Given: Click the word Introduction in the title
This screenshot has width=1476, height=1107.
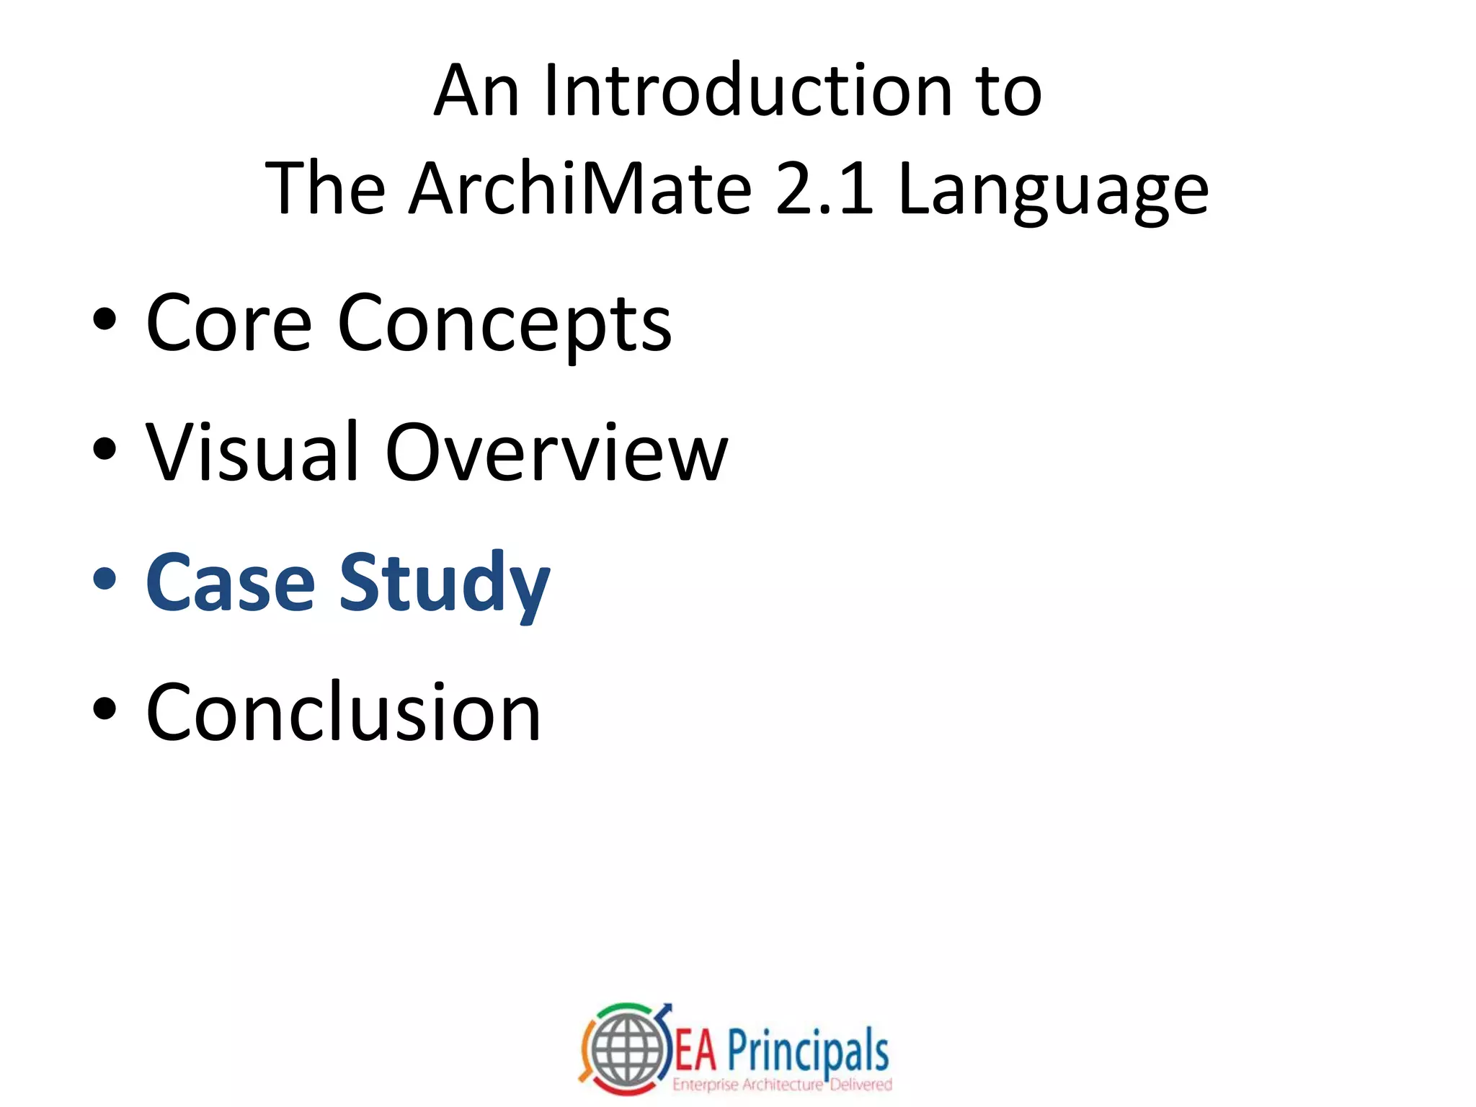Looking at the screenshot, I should pos(748,91).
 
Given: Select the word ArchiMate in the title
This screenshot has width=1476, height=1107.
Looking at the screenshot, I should pos(580,189).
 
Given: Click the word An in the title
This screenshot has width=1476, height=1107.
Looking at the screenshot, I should pos(476,91).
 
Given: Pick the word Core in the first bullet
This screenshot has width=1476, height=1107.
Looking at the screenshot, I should pos(228,324).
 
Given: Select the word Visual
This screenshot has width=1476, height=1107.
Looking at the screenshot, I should pos(252,453).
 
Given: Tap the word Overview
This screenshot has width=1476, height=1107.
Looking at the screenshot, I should pos(556,453).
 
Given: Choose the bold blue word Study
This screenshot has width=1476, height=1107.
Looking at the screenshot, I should pos(444,584).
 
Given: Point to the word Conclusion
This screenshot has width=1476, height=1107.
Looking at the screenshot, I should pos(343,712).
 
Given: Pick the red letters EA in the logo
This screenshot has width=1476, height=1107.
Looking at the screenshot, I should pos(695,1052).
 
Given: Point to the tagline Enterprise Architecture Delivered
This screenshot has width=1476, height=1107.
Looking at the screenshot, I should pos(782,1085).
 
